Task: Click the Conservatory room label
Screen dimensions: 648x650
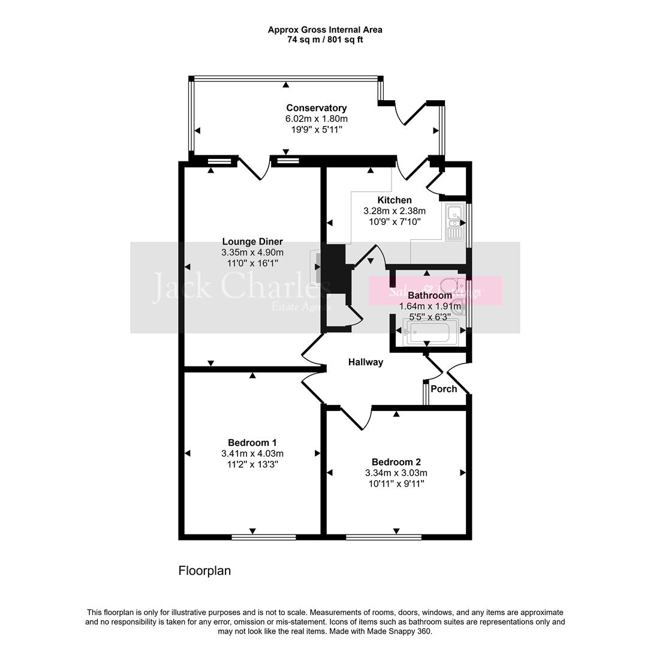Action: point(316,108)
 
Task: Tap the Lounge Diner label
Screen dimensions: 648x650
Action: point(252,242)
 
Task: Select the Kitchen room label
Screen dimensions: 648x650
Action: point(394,200)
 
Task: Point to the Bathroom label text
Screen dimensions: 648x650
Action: point(429,295)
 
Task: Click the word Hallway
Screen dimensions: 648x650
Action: point(365,362)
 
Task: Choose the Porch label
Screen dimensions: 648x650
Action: point(444,389)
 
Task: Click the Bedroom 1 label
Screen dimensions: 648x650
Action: point(252,443)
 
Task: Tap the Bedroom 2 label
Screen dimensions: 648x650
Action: point(396,462)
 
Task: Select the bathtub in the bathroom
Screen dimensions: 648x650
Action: point(432,332)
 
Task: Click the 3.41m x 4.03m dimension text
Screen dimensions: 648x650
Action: point(252,454)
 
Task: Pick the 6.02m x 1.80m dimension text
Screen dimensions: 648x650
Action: point(316,119)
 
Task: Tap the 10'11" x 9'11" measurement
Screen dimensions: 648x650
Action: point(396,484)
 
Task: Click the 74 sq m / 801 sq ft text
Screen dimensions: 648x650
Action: point(324,40)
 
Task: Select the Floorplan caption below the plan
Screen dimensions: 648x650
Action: point(204,571)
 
